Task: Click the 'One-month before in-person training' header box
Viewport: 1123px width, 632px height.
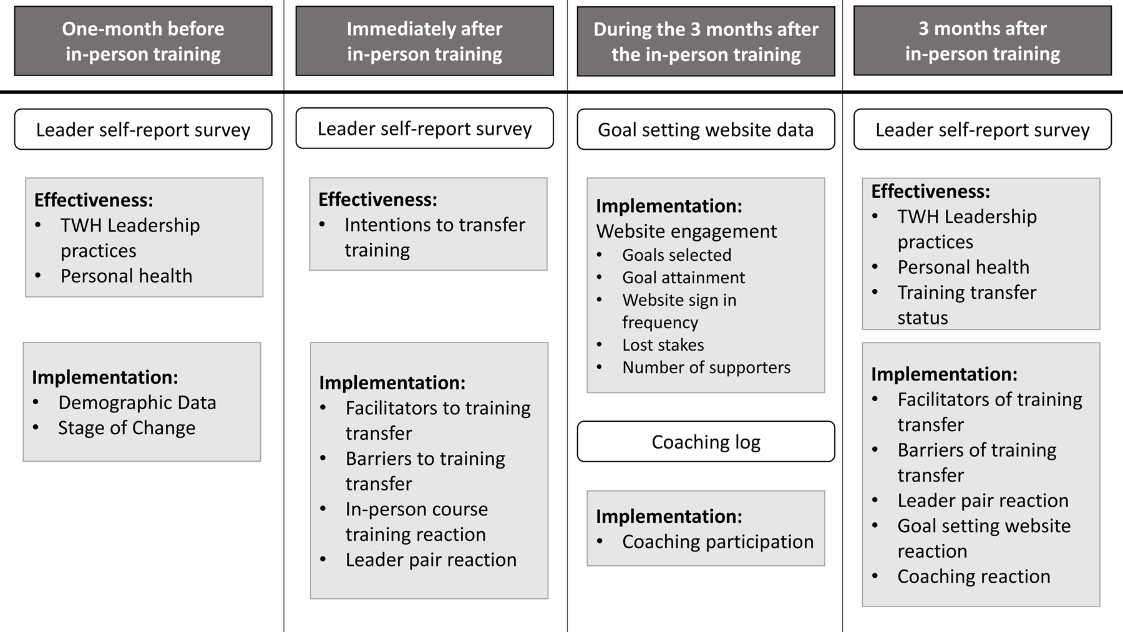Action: point(143,41)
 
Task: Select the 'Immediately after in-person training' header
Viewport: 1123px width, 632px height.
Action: point(424,41)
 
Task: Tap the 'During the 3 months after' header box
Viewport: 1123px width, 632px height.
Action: point(706,42)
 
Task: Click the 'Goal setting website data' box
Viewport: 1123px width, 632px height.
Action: point(706,130)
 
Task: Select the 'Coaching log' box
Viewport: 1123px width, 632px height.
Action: point(706,442)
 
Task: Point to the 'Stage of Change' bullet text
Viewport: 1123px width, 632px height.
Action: point(127,428)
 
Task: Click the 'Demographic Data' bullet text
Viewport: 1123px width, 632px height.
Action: point(137,402)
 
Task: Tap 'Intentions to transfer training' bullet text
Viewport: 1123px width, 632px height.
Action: point(435,237)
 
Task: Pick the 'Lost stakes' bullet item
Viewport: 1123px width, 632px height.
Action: point(663,345)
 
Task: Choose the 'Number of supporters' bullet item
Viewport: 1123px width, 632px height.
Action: point(706,367)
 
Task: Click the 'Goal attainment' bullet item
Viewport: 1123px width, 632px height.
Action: point(683,278)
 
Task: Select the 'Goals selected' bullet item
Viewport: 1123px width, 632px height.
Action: point(676,255)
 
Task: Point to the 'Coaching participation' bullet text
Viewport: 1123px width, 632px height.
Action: point(717,542)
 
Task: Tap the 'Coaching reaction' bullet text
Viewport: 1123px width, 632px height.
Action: point(973,576)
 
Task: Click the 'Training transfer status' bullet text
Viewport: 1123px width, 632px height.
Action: point(966,305)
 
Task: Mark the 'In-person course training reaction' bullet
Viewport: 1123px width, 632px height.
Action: point(417,522)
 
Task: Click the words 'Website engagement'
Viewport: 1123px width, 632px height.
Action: point(686,231)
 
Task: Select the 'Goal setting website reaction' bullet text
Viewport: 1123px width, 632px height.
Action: point(984,538)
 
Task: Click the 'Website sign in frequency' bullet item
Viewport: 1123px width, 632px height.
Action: point(679,311)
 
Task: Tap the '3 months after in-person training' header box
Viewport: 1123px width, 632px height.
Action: point(982,41)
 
